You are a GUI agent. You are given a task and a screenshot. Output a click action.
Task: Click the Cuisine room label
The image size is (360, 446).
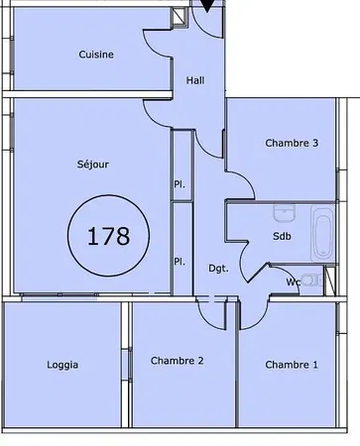[x=96, y=56]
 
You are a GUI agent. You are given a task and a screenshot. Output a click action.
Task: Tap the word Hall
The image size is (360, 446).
[x=194, y=83]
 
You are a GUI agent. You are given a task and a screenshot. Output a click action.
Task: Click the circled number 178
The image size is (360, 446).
[x=109, y=236]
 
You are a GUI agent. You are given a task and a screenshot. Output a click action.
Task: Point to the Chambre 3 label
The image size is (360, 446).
[x=292, y=143]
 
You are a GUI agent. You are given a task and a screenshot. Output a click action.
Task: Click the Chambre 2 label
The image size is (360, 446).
[x=177, y=360]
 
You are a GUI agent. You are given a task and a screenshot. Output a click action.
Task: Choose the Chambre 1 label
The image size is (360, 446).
[x=292, y=365]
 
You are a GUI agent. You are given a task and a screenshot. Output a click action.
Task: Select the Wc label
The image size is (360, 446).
[x=294, y=281]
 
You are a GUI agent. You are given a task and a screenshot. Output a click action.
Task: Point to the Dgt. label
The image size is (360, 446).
[x=218, y=268]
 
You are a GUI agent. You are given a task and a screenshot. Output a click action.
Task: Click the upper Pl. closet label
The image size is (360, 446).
[x=180, y=183]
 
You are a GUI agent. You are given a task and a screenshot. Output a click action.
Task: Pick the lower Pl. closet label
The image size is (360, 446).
[x=180, y=262]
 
